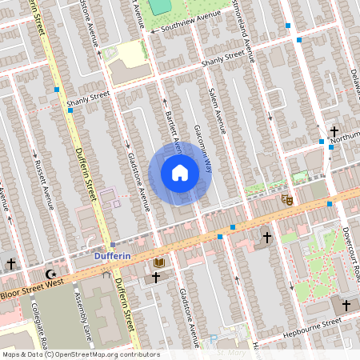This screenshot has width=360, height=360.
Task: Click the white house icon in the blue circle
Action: [x=180, y=173]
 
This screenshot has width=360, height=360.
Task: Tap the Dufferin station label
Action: [x=106, y=256]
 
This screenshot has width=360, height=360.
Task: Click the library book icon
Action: [x=158, y=262]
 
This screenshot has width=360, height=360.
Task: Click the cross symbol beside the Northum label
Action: [x=334, y=132]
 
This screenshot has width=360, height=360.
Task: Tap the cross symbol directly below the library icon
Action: [x=155, y=277]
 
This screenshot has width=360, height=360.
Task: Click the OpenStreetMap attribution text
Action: [x=80, y=354]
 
